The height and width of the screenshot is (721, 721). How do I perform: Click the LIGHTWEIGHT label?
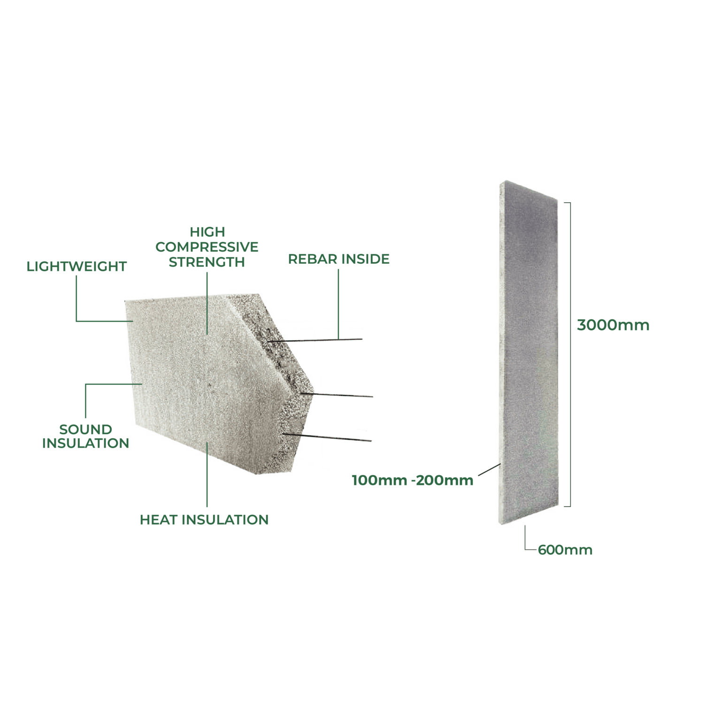pyautogui.click(x=77, y=266)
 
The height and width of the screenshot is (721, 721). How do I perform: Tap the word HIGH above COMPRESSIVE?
pyautogui.click(x=207, y=232)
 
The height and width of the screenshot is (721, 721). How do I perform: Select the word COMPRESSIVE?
pyautogui.click(x=207, y=247)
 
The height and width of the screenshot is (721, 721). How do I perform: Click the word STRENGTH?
pyautogui.click(x=207, y=262)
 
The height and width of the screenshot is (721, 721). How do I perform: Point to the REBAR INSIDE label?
pyautogui.click(x=339, y=259)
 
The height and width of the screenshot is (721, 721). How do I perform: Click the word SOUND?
pyautogui.click(x=85, y=430)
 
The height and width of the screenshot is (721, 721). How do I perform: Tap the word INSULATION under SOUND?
pyautogui.click(x=85, y=443)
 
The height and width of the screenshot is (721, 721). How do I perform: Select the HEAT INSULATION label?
pyautogui.click(x=204, y=520)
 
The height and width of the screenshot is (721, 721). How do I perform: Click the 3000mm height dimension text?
pyautogui.click(x=613, y=325)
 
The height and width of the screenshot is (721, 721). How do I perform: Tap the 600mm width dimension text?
pyautogui.click(x=565, y=550)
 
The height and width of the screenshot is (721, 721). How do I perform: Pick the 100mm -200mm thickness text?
pyautogui.click(x=413, y=480)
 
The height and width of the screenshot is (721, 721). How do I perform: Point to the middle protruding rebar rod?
pyautogui.click(x=337, y=395)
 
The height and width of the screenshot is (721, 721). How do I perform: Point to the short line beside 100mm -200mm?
pyautogui.click(x=489, y=470)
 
